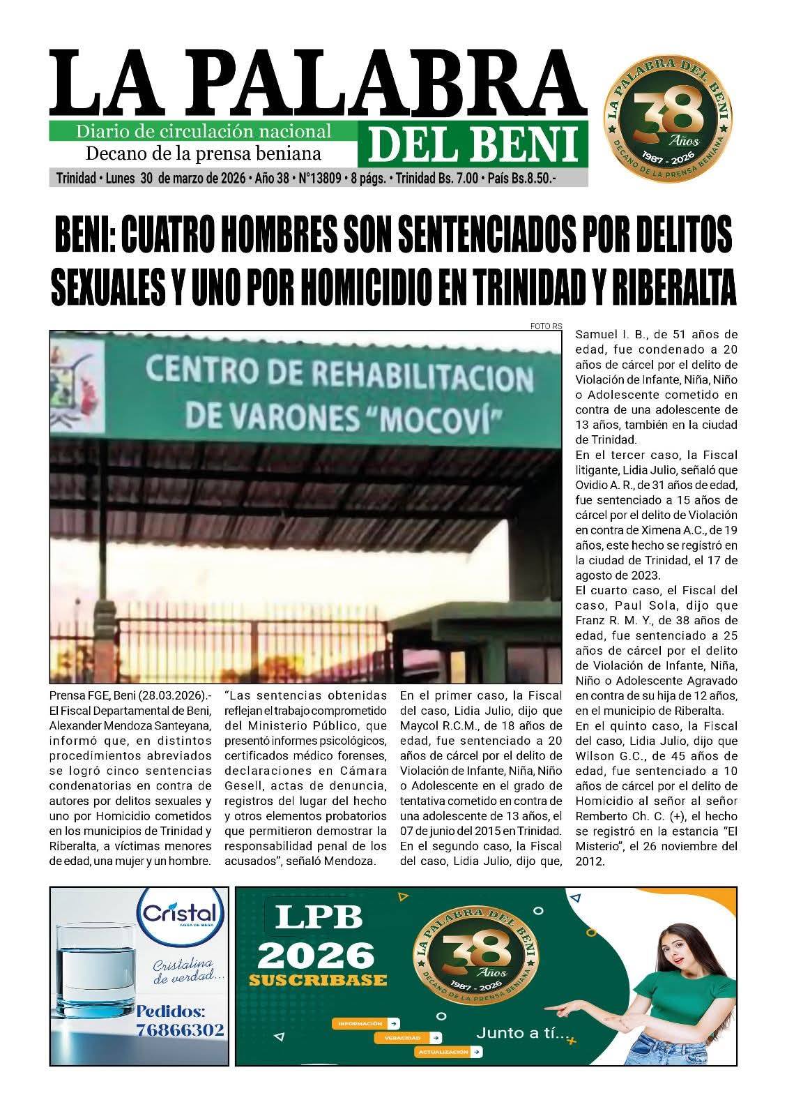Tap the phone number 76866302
click(181, 1030)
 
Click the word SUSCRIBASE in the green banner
click(317, 980)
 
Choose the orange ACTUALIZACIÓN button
click(448, 1051)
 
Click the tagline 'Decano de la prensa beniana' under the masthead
click(203, 153)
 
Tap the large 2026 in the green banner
click(319, 952)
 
